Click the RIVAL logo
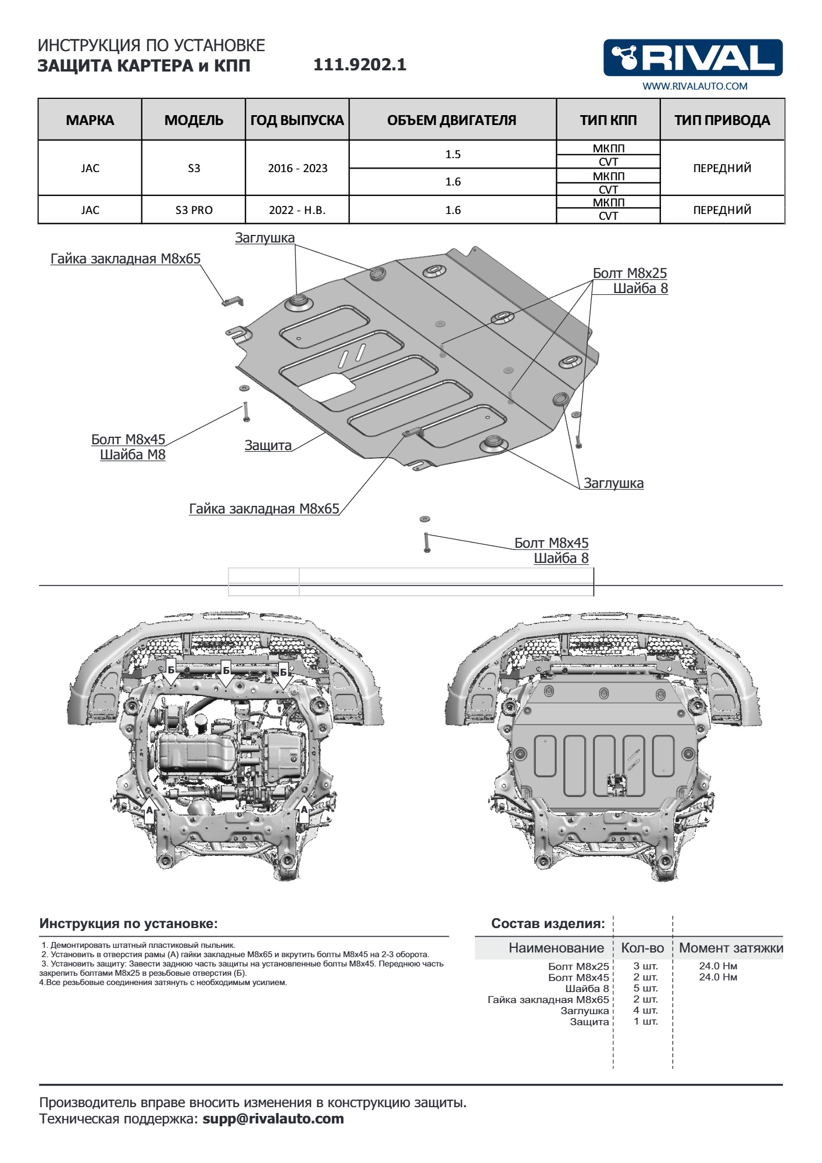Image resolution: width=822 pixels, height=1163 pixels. point(693,58)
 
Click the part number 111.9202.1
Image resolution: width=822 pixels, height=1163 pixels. point(360,65)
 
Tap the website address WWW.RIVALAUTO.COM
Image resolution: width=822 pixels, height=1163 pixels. point(695,86)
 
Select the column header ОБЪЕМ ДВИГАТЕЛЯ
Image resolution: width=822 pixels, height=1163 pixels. point(452,120)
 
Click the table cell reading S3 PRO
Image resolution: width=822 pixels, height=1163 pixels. point(194,210)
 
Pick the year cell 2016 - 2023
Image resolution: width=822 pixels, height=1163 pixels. point(298,168)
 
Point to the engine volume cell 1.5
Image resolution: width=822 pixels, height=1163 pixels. point(453,154)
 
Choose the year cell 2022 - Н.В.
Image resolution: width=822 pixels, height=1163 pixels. point(297,210)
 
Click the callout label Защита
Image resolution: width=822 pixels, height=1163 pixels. point(268,445)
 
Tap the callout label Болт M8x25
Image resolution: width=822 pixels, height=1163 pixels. point(630,273)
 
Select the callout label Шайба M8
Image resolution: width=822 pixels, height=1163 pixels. point(133,455)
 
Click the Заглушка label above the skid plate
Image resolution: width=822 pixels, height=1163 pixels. point(265,238)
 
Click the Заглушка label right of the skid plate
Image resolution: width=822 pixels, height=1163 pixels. point(613,483)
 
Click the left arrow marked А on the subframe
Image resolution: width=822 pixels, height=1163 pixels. point(149,812)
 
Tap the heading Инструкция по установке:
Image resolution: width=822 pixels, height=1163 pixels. point(128,923)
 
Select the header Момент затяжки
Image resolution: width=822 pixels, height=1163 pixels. point(731,948)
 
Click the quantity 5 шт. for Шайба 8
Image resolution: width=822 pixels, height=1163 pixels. point(645,989)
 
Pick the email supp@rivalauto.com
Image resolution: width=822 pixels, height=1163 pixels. point(273,1119)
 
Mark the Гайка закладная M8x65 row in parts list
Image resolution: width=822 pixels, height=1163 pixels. point(548,1000)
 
